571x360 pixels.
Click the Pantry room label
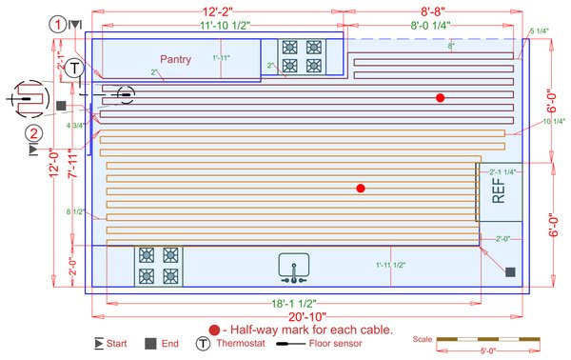pos(175,59)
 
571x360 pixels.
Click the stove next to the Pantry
pos(301,56)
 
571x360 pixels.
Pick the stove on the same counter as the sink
pos(158,266)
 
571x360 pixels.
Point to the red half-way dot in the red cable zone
pos(440,98)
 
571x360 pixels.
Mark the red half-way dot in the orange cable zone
pos(360,189)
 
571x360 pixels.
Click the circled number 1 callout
pos(60,23)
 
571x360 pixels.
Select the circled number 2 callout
pos(34,133)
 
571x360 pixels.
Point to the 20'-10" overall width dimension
pos(306,317)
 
